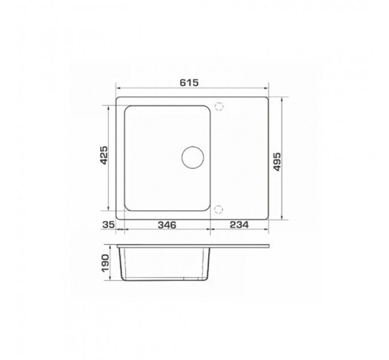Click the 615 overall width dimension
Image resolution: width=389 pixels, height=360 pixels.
tap(189, 82)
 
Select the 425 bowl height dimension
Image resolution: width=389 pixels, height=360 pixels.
tap(104, 155)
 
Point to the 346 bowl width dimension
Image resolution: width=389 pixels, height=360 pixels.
tap(167, 225)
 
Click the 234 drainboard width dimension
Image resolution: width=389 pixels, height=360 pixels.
tap(239, 225)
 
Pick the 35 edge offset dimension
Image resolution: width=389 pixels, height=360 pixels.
tap(109, 225)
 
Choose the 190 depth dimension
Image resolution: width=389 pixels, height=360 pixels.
tap(105, 263)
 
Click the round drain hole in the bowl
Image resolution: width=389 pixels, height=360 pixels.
tap(193, 157)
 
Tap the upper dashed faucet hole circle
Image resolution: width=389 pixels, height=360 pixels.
tap(219, 106)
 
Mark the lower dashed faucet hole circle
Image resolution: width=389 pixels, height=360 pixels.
tap(219, 210)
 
